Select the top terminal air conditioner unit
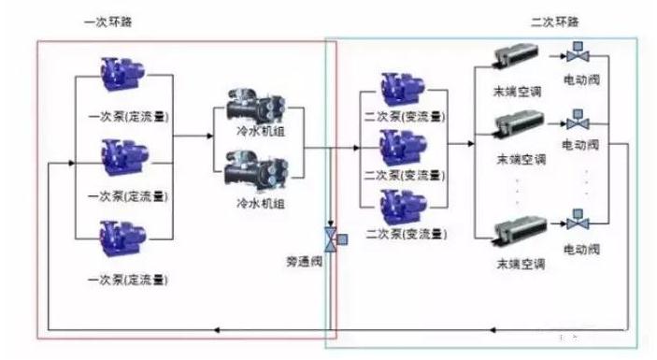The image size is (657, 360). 517,57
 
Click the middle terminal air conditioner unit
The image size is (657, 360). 517,125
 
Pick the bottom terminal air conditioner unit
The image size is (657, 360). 517,229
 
